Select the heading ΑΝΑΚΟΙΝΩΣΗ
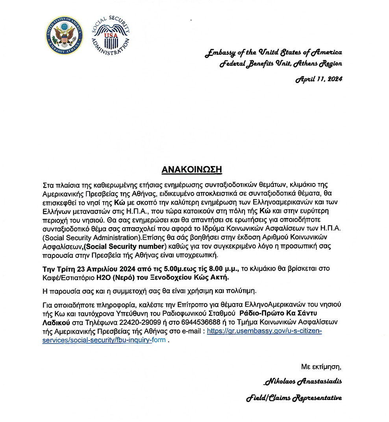[x=192, y=170]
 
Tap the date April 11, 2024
[x=319, y=79]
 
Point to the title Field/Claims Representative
[x=294, y=398]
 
